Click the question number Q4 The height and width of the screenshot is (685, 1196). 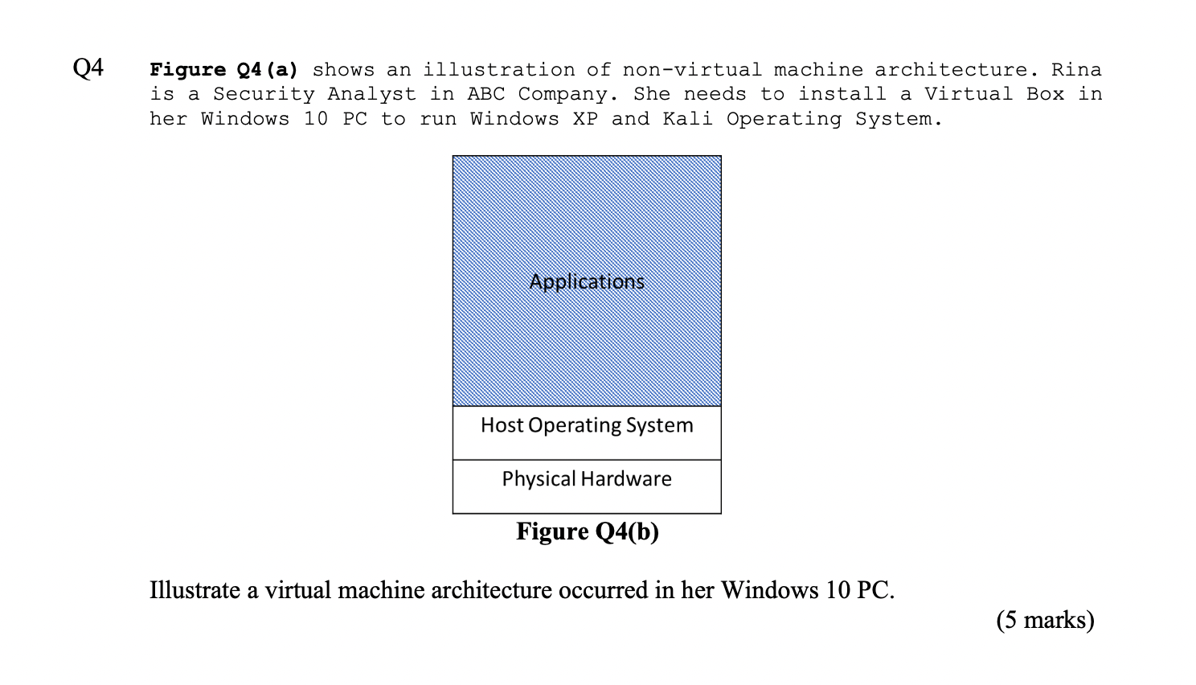coord(88,68)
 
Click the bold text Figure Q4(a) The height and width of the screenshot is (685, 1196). coord(223,70)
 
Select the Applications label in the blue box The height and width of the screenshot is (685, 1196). coord(587,281)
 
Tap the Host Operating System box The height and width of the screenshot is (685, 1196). coord(587,426)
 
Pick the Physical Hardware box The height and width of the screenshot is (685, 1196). coord(587,479)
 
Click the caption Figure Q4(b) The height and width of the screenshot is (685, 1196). coord(587,531)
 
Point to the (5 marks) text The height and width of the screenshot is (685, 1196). coord(1045,620)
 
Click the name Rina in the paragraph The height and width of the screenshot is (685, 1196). coord(1076,70)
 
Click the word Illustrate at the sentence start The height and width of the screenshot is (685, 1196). coord(195,590)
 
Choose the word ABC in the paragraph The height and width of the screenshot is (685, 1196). coord(486,94)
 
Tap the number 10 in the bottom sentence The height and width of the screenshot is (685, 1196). coord(834,590)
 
